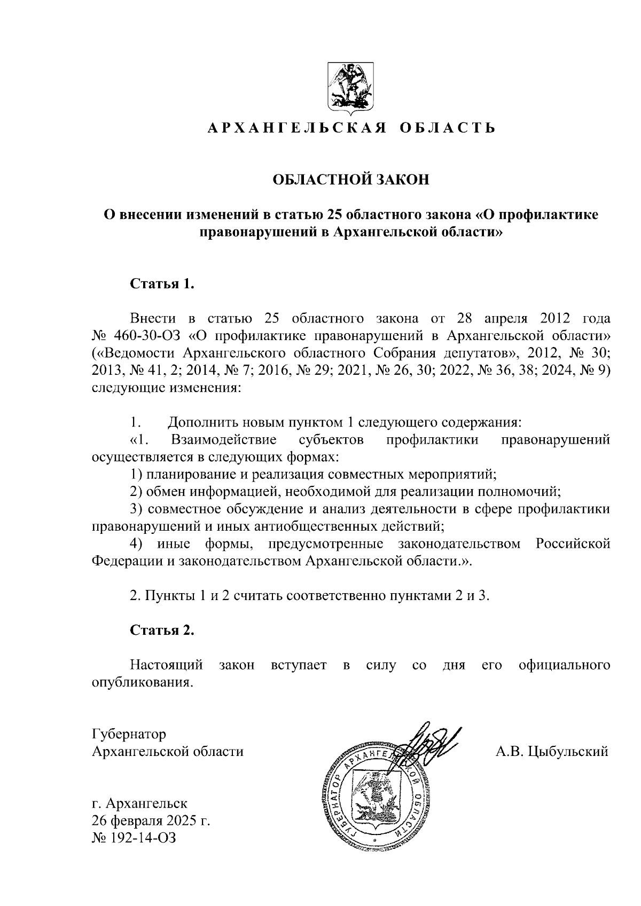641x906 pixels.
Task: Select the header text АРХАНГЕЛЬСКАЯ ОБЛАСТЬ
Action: pyautogui.click(x=351, y=128)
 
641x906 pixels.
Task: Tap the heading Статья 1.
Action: pyautogui.click(x=162, y=283)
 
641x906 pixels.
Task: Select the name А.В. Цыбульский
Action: pyautogui.click(x=552, y=752)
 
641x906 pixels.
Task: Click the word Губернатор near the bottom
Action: pyautogui.click(x=129, y=734)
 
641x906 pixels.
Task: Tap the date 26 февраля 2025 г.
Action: pyautogui.click(x=151, y=820)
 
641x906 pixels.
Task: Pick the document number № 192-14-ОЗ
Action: pyautogui.click(x=134, y=838)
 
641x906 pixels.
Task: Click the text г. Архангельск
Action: pyautogui.click(x=139, y=802)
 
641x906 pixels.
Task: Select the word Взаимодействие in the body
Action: pyautogui.click(x=224, y=440)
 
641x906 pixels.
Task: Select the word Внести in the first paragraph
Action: pyautogui.click(x=153, y=319)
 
